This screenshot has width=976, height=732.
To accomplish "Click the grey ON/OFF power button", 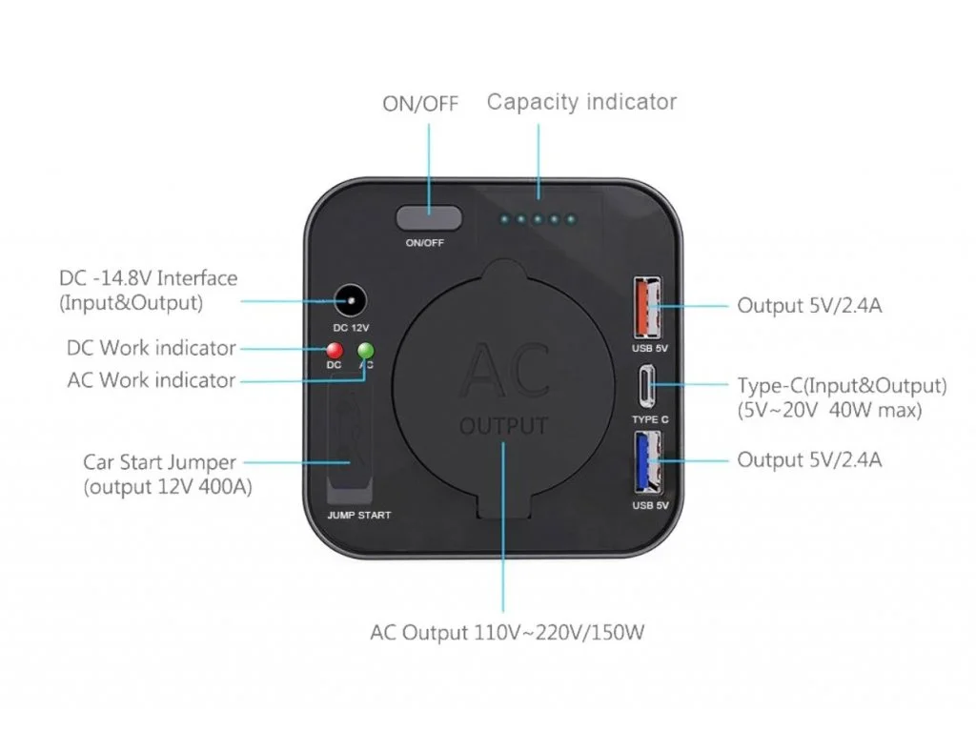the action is [x=429, y=218].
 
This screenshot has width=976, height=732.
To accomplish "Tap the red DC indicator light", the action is [x=335, y=350].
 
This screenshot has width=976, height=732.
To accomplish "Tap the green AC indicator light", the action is [x=366, y=350].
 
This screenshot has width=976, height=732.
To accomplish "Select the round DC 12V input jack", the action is [x=351, y=300].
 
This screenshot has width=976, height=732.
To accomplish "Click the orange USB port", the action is [x=647, y=308].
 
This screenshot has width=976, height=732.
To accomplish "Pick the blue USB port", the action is [x=647, y=462].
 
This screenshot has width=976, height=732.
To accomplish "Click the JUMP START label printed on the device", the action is [x=359, y=516].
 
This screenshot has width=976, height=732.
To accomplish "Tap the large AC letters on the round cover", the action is [x=505, y=371].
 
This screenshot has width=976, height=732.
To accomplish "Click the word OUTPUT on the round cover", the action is [x=504, y=426].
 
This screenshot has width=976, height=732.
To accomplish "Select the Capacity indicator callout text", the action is [x=581, y=102].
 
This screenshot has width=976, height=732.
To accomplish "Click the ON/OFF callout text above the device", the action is [x=420, y=103].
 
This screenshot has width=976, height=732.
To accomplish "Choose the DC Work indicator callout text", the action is [x=152, y=348].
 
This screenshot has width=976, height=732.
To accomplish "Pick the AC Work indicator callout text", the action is [x=152, y=380].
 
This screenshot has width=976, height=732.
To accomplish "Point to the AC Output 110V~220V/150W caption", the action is [x=507, y=633].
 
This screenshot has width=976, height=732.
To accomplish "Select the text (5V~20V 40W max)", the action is [x=829, y=411].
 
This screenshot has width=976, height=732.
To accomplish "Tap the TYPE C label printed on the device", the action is [x=650, y=419].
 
